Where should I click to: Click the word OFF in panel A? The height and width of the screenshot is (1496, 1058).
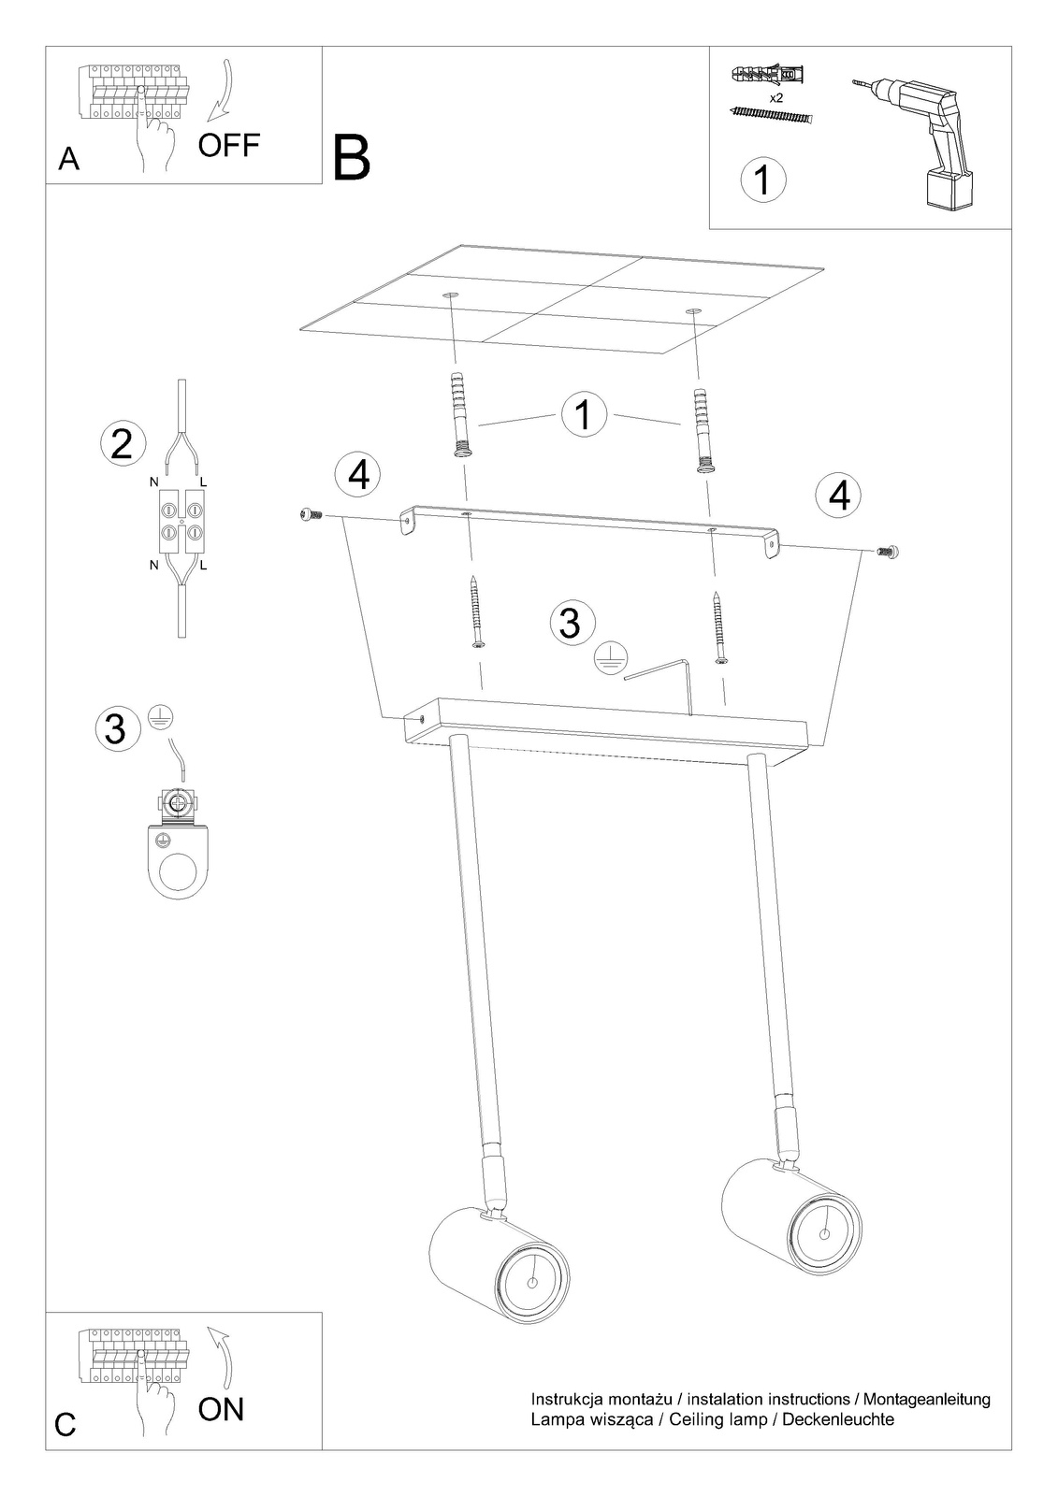[x=228, y=145]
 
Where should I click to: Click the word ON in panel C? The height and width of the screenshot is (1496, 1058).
[x=221, y=1409]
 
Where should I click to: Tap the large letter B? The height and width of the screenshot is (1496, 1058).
[x=352, y=158]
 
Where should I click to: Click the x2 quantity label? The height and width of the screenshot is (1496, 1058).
[x=775, y=97]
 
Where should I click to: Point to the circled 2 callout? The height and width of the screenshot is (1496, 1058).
[x=123, y=443]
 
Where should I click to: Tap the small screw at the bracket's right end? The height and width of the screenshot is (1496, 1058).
[x=888, y=551]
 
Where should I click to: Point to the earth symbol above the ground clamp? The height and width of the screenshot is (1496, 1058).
[x=160, y=716]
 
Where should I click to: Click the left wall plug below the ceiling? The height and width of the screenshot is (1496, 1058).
[x=460, y=413]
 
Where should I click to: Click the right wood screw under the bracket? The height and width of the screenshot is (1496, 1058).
[x=719, y=626]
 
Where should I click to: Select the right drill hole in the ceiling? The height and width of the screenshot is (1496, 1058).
[x=693, y=312]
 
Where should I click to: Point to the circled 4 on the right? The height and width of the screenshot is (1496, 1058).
[x=839, y=496]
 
